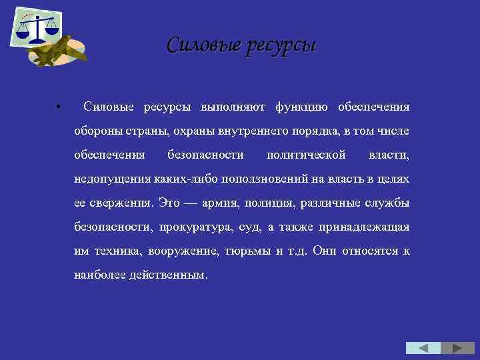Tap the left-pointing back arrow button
pos(423,348)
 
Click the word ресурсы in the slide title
pos(281,45)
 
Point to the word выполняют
pos(233,107)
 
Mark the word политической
pos(306,155)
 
